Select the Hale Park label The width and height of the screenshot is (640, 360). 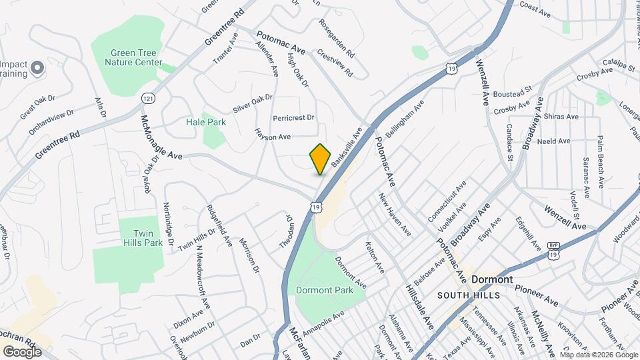click(205, 122)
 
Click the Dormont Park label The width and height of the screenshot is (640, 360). click(324, 291)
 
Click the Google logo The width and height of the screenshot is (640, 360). click(22, 351)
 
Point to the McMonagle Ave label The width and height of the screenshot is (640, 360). click(161, 137)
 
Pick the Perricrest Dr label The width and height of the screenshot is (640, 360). click(293, 117)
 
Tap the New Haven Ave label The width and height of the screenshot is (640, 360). click(394, 214)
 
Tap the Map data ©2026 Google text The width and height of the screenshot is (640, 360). click(599, 355)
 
